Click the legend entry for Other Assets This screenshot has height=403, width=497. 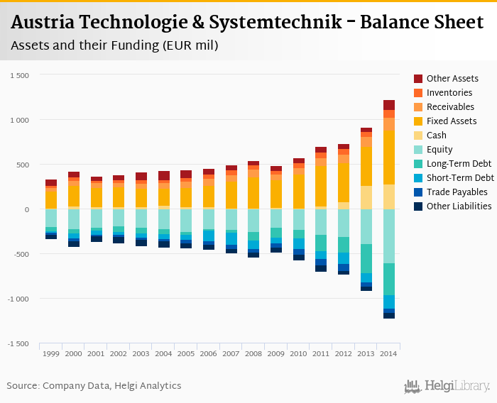tap(452, 79)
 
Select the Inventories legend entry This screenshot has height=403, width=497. tap(449, 93)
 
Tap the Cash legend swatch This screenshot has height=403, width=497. tap(418, 136)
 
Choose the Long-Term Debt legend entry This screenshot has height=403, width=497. tap(457, 164)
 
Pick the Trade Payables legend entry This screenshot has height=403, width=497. tap(457, 192)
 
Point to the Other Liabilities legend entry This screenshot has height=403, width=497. tap(459, 206)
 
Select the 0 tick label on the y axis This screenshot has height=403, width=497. tap(26, 209)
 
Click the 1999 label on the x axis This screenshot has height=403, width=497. tap(51, 353)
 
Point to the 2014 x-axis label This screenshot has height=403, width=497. tap(389, 353)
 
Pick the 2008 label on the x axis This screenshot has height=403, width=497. tap(253, 353)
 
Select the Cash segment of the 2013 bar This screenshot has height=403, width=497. tap(366, 197)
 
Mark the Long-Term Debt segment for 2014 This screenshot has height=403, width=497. tap(389, 279)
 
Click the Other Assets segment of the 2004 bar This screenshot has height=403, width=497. tap(164, 176)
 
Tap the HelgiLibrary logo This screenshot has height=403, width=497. tap(447, 386)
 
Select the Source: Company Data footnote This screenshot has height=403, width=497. tap(94, 386)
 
